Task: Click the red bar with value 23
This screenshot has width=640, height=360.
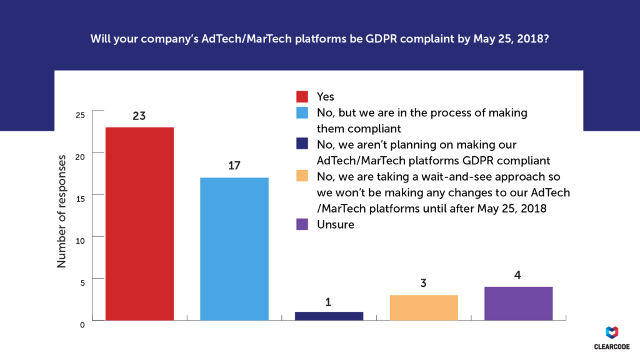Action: (x=139, y=224)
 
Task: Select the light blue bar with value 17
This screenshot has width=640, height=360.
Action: (x=234, y=249)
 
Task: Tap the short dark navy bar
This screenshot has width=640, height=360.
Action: (x=329, y=316)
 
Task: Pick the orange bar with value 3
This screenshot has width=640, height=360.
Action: (x=423, y=307)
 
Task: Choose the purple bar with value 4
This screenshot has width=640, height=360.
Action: (x=518, y=303)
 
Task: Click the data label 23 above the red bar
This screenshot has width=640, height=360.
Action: (x=139, y=116)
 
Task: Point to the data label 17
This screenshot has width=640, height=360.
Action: (x=234, y=166)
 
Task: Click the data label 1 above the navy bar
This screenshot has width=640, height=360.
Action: (x=329, y=302)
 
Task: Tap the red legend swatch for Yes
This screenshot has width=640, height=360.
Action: (x=302, y=97)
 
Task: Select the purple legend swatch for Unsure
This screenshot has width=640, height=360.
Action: (x=302, y=224)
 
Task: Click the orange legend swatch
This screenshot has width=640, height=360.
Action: (x=302, y=176)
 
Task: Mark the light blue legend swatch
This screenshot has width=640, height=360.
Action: (x=302, y=113)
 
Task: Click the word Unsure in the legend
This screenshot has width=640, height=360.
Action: (x=336, y=224)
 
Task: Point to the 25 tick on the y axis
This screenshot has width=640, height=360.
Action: (x=79, y=115)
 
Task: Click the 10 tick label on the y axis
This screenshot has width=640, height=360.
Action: (x=80, y=238)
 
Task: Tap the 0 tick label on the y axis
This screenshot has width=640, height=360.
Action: (x=82, y=323)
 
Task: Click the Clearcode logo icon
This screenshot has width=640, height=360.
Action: (x=613, y=332)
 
